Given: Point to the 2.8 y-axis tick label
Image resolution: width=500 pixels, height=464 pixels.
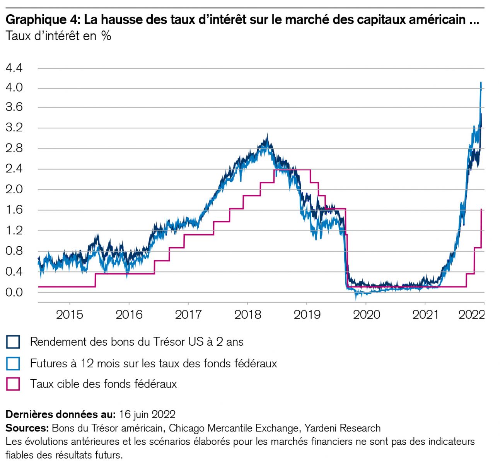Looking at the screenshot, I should [14, 148].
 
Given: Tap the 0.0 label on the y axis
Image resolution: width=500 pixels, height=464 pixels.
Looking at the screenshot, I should [14, 292].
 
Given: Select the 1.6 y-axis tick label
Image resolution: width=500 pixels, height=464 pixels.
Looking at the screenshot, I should [14, 210].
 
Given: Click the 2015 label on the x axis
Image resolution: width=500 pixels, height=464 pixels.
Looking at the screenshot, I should [70, 314].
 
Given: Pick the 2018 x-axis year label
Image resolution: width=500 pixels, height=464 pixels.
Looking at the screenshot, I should [248, 314].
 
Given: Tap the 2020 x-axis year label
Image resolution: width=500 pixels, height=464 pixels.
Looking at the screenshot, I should [366, 314].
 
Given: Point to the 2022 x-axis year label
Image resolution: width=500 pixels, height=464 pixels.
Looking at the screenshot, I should [471, 314].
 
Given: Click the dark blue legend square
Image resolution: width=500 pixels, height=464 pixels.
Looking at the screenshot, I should [13, 342].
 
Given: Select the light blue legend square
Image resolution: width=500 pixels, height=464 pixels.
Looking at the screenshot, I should [13, 363].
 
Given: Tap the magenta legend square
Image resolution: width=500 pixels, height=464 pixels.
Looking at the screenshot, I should [13, 384].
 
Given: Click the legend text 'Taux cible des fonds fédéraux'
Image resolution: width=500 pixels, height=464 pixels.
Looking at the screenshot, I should [103, 384].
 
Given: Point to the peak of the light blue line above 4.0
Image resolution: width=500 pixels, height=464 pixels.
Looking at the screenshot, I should [481, 82].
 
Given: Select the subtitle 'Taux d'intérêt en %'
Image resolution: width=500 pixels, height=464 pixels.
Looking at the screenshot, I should [58, 36].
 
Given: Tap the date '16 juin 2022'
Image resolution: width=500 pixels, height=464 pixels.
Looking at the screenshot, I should [147, 415].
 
